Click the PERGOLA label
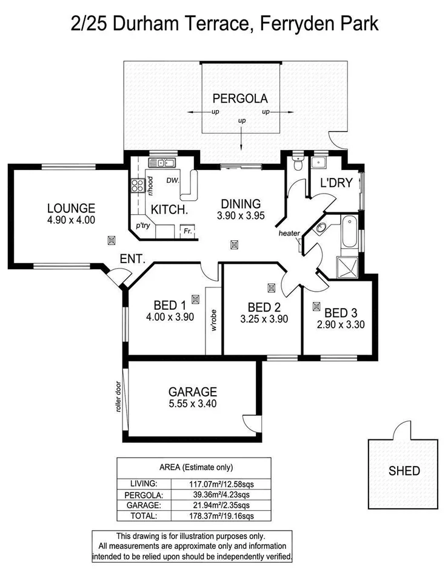pos(239,99)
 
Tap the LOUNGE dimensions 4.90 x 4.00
pos(71,220)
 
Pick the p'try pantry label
pos(143,225)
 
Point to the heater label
pos(289,234)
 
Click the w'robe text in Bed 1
pos(214,321)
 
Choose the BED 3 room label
pos(341,313)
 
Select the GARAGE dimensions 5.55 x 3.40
pos(192,404)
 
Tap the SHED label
pos(404,470)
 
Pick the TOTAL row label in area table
pos(144,516)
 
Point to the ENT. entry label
pos(132,258)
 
